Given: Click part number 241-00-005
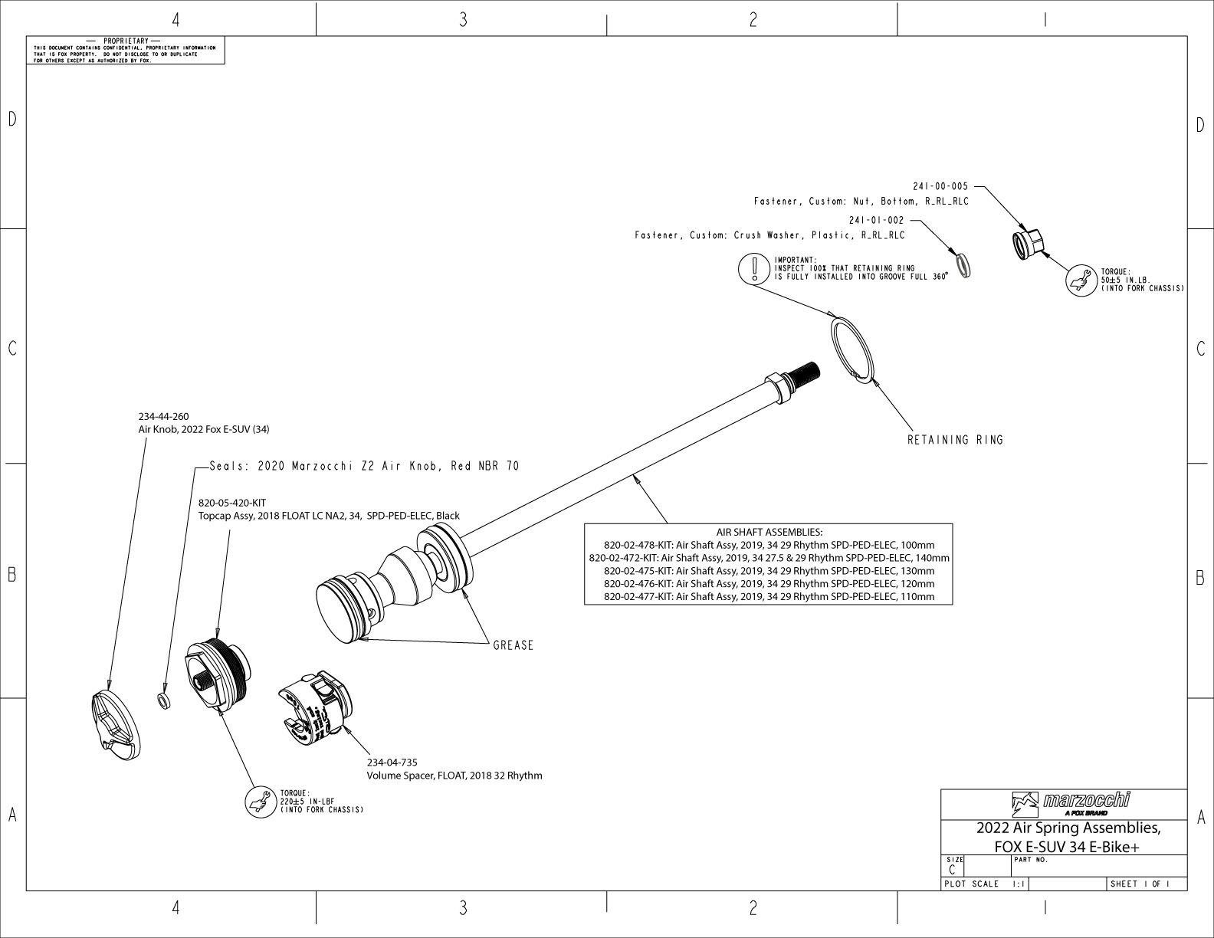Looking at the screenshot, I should click(940, 186).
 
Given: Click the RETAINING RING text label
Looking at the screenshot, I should click(955, 440).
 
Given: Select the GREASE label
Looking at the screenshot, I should click(513, 645).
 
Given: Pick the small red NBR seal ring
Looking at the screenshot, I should click(163, 700).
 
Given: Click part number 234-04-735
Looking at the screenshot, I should click(392, 763).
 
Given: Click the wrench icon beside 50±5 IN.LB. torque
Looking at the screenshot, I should click(1080, 280).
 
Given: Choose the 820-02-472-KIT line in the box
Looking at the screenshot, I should click(769, 558).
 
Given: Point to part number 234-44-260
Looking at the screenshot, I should click(163, 417).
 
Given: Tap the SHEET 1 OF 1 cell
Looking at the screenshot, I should click(1140, 884).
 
